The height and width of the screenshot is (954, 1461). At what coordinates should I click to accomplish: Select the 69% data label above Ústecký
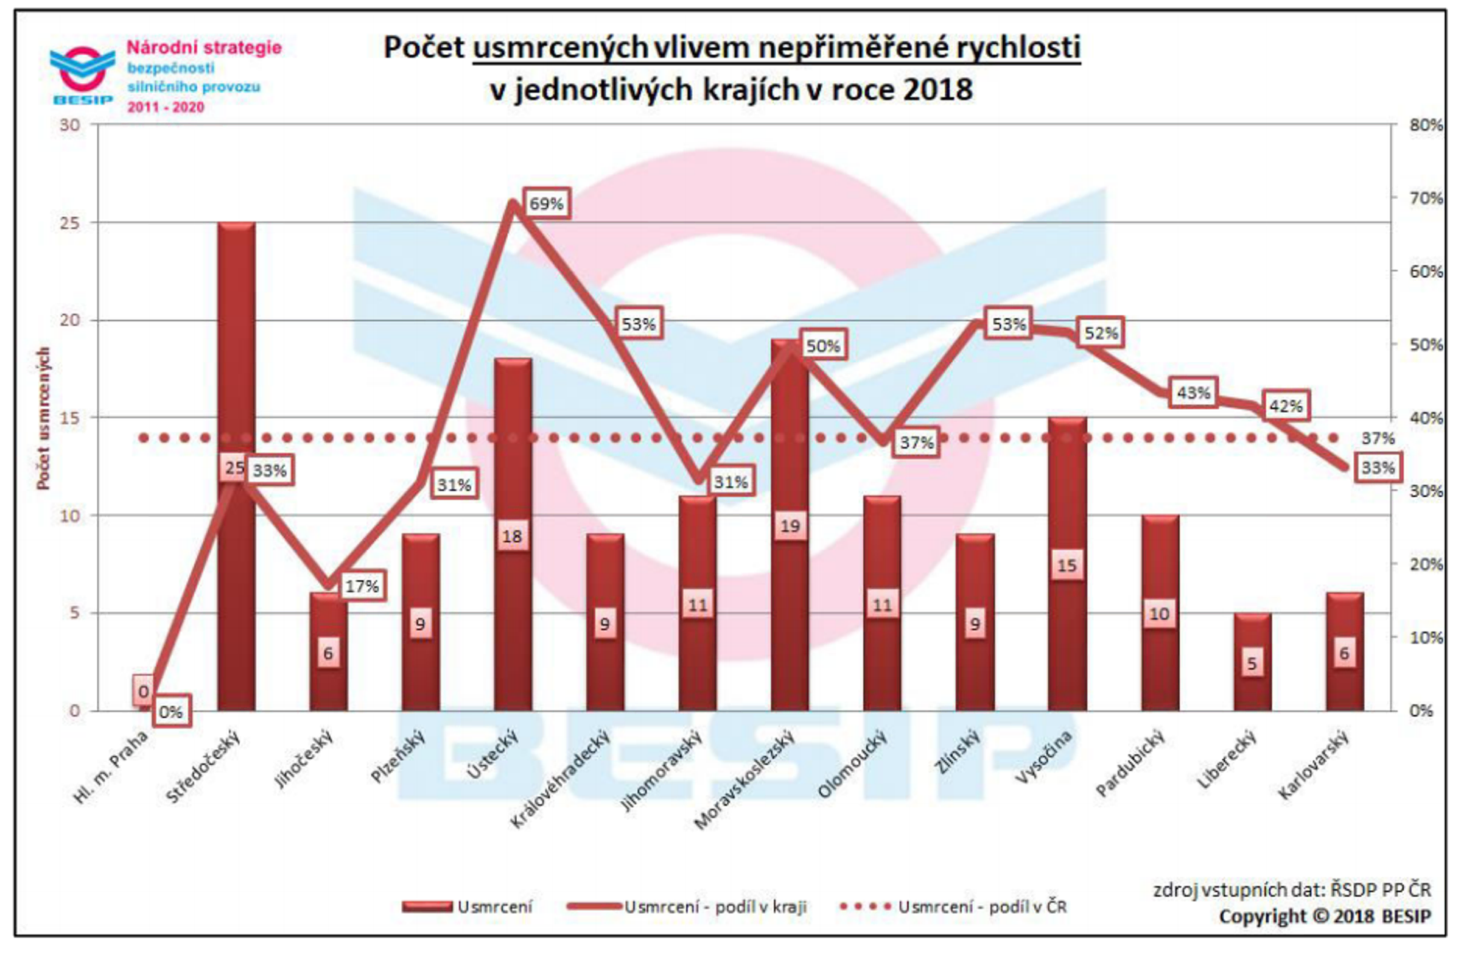(545, 204)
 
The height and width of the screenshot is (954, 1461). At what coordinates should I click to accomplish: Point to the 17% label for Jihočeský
(362, 586)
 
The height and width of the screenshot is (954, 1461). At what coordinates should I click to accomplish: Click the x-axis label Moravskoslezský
(745, 780)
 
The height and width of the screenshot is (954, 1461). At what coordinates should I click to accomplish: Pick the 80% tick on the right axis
(1425, 125)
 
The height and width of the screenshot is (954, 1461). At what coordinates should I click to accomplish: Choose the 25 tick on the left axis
(70, 223)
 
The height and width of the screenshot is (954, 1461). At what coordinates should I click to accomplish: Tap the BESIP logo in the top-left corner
(82, 75)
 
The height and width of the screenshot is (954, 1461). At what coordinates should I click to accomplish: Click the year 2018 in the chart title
(937, 89)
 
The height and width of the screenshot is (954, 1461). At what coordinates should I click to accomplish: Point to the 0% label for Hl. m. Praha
(170, 712)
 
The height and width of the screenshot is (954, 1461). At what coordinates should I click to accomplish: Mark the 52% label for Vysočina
(1101, 334)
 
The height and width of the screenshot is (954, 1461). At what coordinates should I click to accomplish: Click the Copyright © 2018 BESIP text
(1324, 916)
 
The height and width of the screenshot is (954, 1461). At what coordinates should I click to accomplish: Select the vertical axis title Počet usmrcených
(43, 418)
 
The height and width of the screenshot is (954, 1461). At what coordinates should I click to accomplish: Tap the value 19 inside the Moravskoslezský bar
(790, 526)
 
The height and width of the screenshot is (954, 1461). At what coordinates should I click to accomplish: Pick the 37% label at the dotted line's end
(1378, 438)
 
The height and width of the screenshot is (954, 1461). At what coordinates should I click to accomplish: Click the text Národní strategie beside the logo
(204, 47)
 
